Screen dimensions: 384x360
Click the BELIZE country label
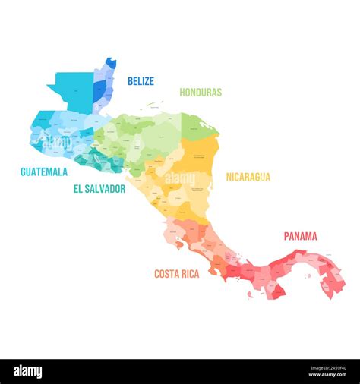click(x=141, y=81)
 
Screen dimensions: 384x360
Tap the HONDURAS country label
click(x=201, y=93)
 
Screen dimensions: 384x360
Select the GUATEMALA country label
click(x=44, y=172)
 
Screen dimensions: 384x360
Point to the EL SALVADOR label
click(x=99, y=189)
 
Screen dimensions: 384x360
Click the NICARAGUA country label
click(x=248, y=177)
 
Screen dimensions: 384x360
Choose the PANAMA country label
click(x=301, y=236)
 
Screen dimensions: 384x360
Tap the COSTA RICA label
click(x=176, y=274)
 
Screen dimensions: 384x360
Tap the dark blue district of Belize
click(x=99, y=89)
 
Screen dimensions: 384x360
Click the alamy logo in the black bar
click(x=28, y=371)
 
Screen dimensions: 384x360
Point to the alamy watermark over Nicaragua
click(x=181, y=179)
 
